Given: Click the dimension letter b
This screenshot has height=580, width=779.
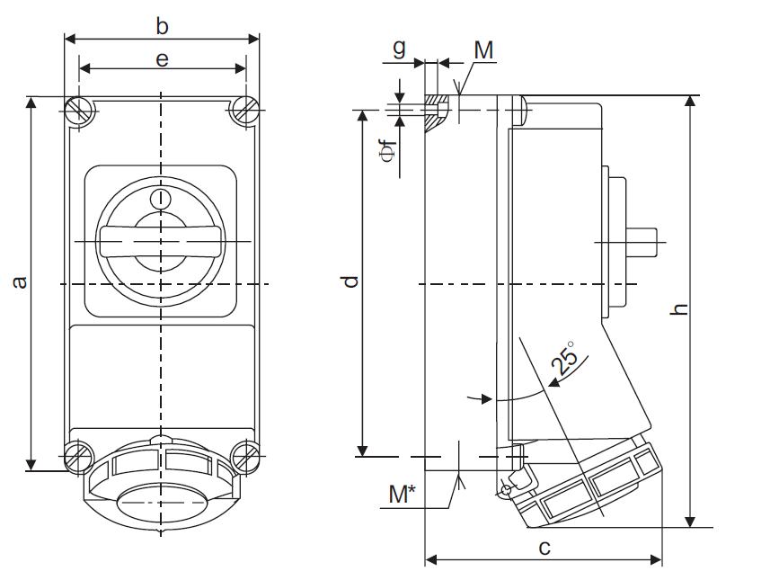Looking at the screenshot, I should pyautogui.click(x=162, y=26).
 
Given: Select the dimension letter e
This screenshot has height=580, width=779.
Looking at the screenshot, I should pyautogui.click(x=162, y=59).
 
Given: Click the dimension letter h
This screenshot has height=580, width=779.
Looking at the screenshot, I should pyautogui.click(x=681, y=308).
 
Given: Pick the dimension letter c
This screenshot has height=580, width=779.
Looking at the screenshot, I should pyautogui.click(x=543, y=547).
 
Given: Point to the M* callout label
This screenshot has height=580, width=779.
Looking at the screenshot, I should pyautogui.click(x=406, y=494).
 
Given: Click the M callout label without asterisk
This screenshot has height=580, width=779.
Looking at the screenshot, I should pyautogui.click(x=483, y=50).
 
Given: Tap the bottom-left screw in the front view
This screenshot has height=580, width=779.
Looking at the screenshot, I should pyautogui.click(x=80, y=456).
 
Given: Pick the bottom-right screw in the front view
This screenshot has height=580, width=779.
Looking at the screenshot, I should pyautogui.click(x=245, y=456).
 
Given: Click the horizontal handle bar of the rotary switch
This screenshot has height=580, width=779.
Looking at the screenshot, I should pyautogui.click(x=161, y=240).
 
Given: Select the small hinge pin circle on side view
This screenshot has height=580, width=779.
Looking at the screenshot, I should pyautogui.click(x=506, y=489).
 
